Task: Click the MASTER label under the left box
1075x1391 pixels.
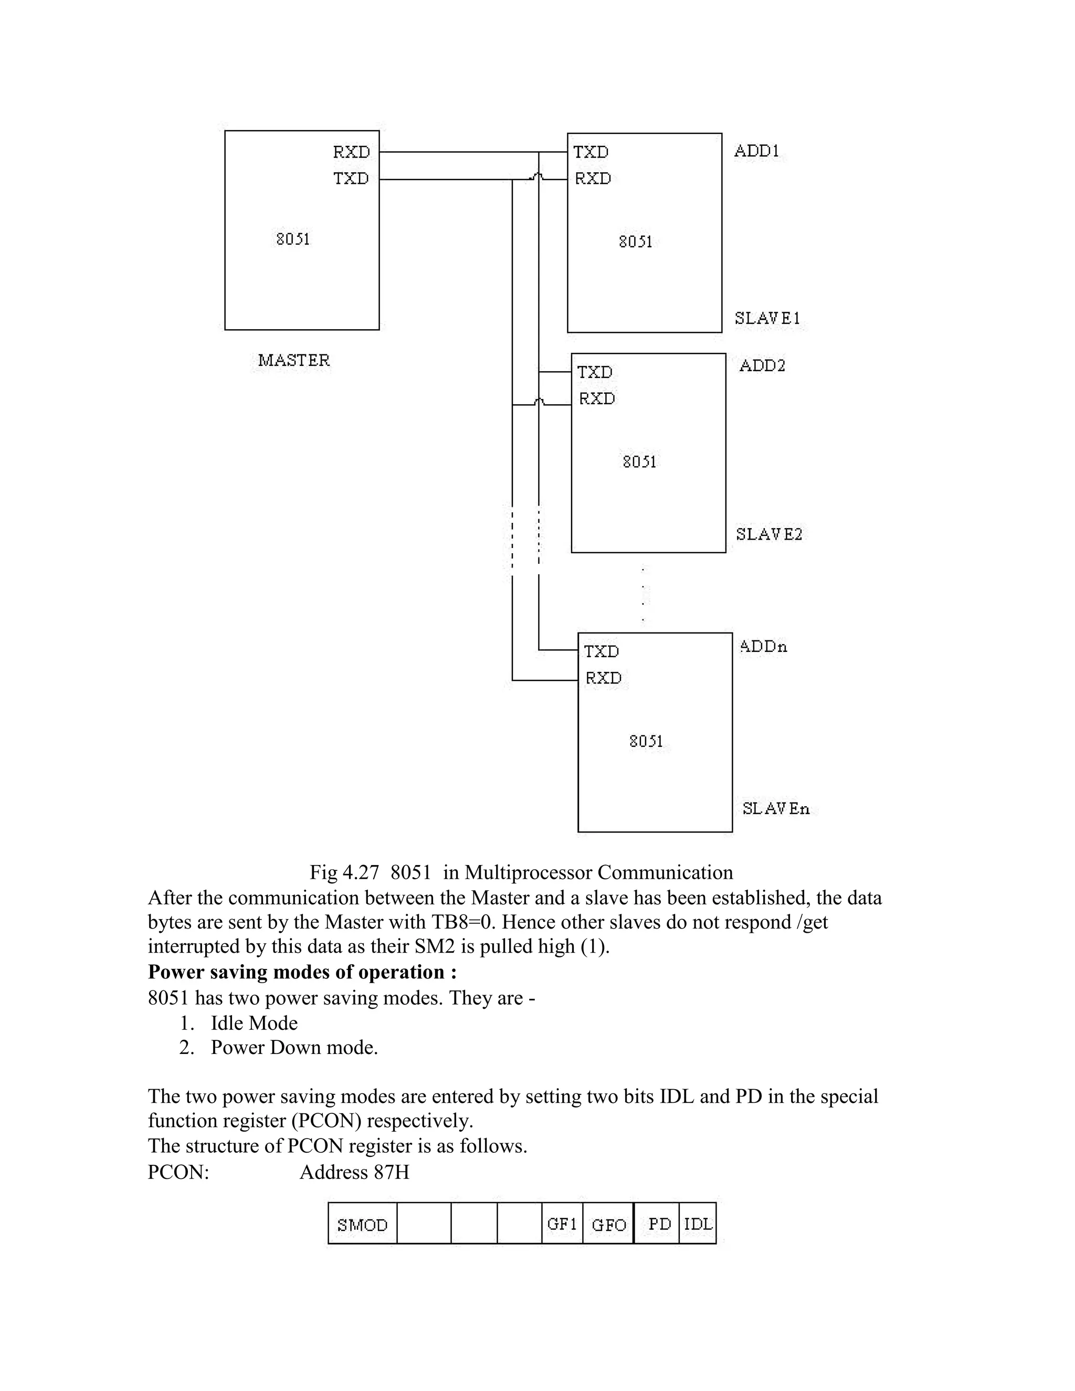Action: pos(293,361)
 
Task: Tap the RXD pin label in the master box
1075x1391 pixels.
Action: pos(351,152)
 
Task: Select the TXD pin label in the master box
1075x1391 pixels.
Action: pos(351,178)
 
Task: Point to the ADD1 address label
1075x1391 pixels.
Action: pos(756,151)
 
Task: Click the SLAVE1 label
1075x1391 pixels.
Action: pos(767,318)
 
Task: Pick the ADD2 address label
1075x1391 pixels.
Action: pos(762,365)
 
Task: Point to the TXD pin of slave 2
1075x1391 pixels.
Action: pos(595,372)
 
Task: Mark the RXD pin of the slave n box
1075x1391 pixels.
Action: pos(603,678)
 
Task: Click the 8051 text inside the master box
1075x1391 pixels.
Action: pos(293,239)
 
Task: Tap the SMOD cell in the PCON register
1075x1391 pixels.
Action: pos(362,1225)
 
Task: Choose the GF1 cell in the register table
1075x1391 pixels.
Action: pos(562,1224)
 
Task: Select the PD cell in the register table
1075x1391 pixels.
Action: pos(660,1224)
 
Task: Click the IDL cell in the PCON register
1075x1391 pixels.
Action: pos(698,1224)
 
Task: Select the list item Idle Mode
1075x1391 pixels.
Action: pos(254,1023)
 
